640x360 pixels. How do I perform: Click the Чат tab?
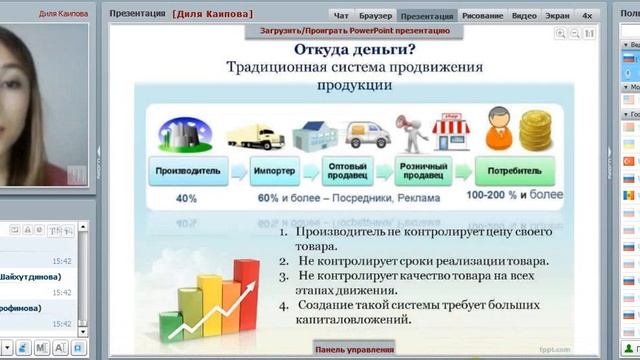pyautogui.click(x=341, y=16)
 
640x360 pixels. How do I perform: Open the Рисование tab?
pyautogui.click(x=484, y=16)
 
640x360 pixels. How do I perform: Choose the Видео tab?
pyautogui.click(x=523, y=16)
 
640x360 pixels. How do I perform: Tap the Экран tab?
pyautogui.click(x=557, y=16)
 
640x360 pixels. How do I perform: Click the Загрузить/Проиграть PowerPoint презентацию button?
pyautogui.click(x=355, y=31)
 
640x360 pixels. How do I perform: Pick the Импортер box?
pyautogui.click(x=273, y=170)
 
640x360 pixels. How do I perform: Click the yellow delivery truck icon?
pyautogui.click(x=257, y=133)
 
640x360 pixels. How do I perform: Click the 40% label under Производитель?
pyautogui.click(x=186, y=198)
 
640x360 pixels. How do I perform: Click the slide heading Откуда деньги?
pyautogui.click(x=341, y=50)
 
